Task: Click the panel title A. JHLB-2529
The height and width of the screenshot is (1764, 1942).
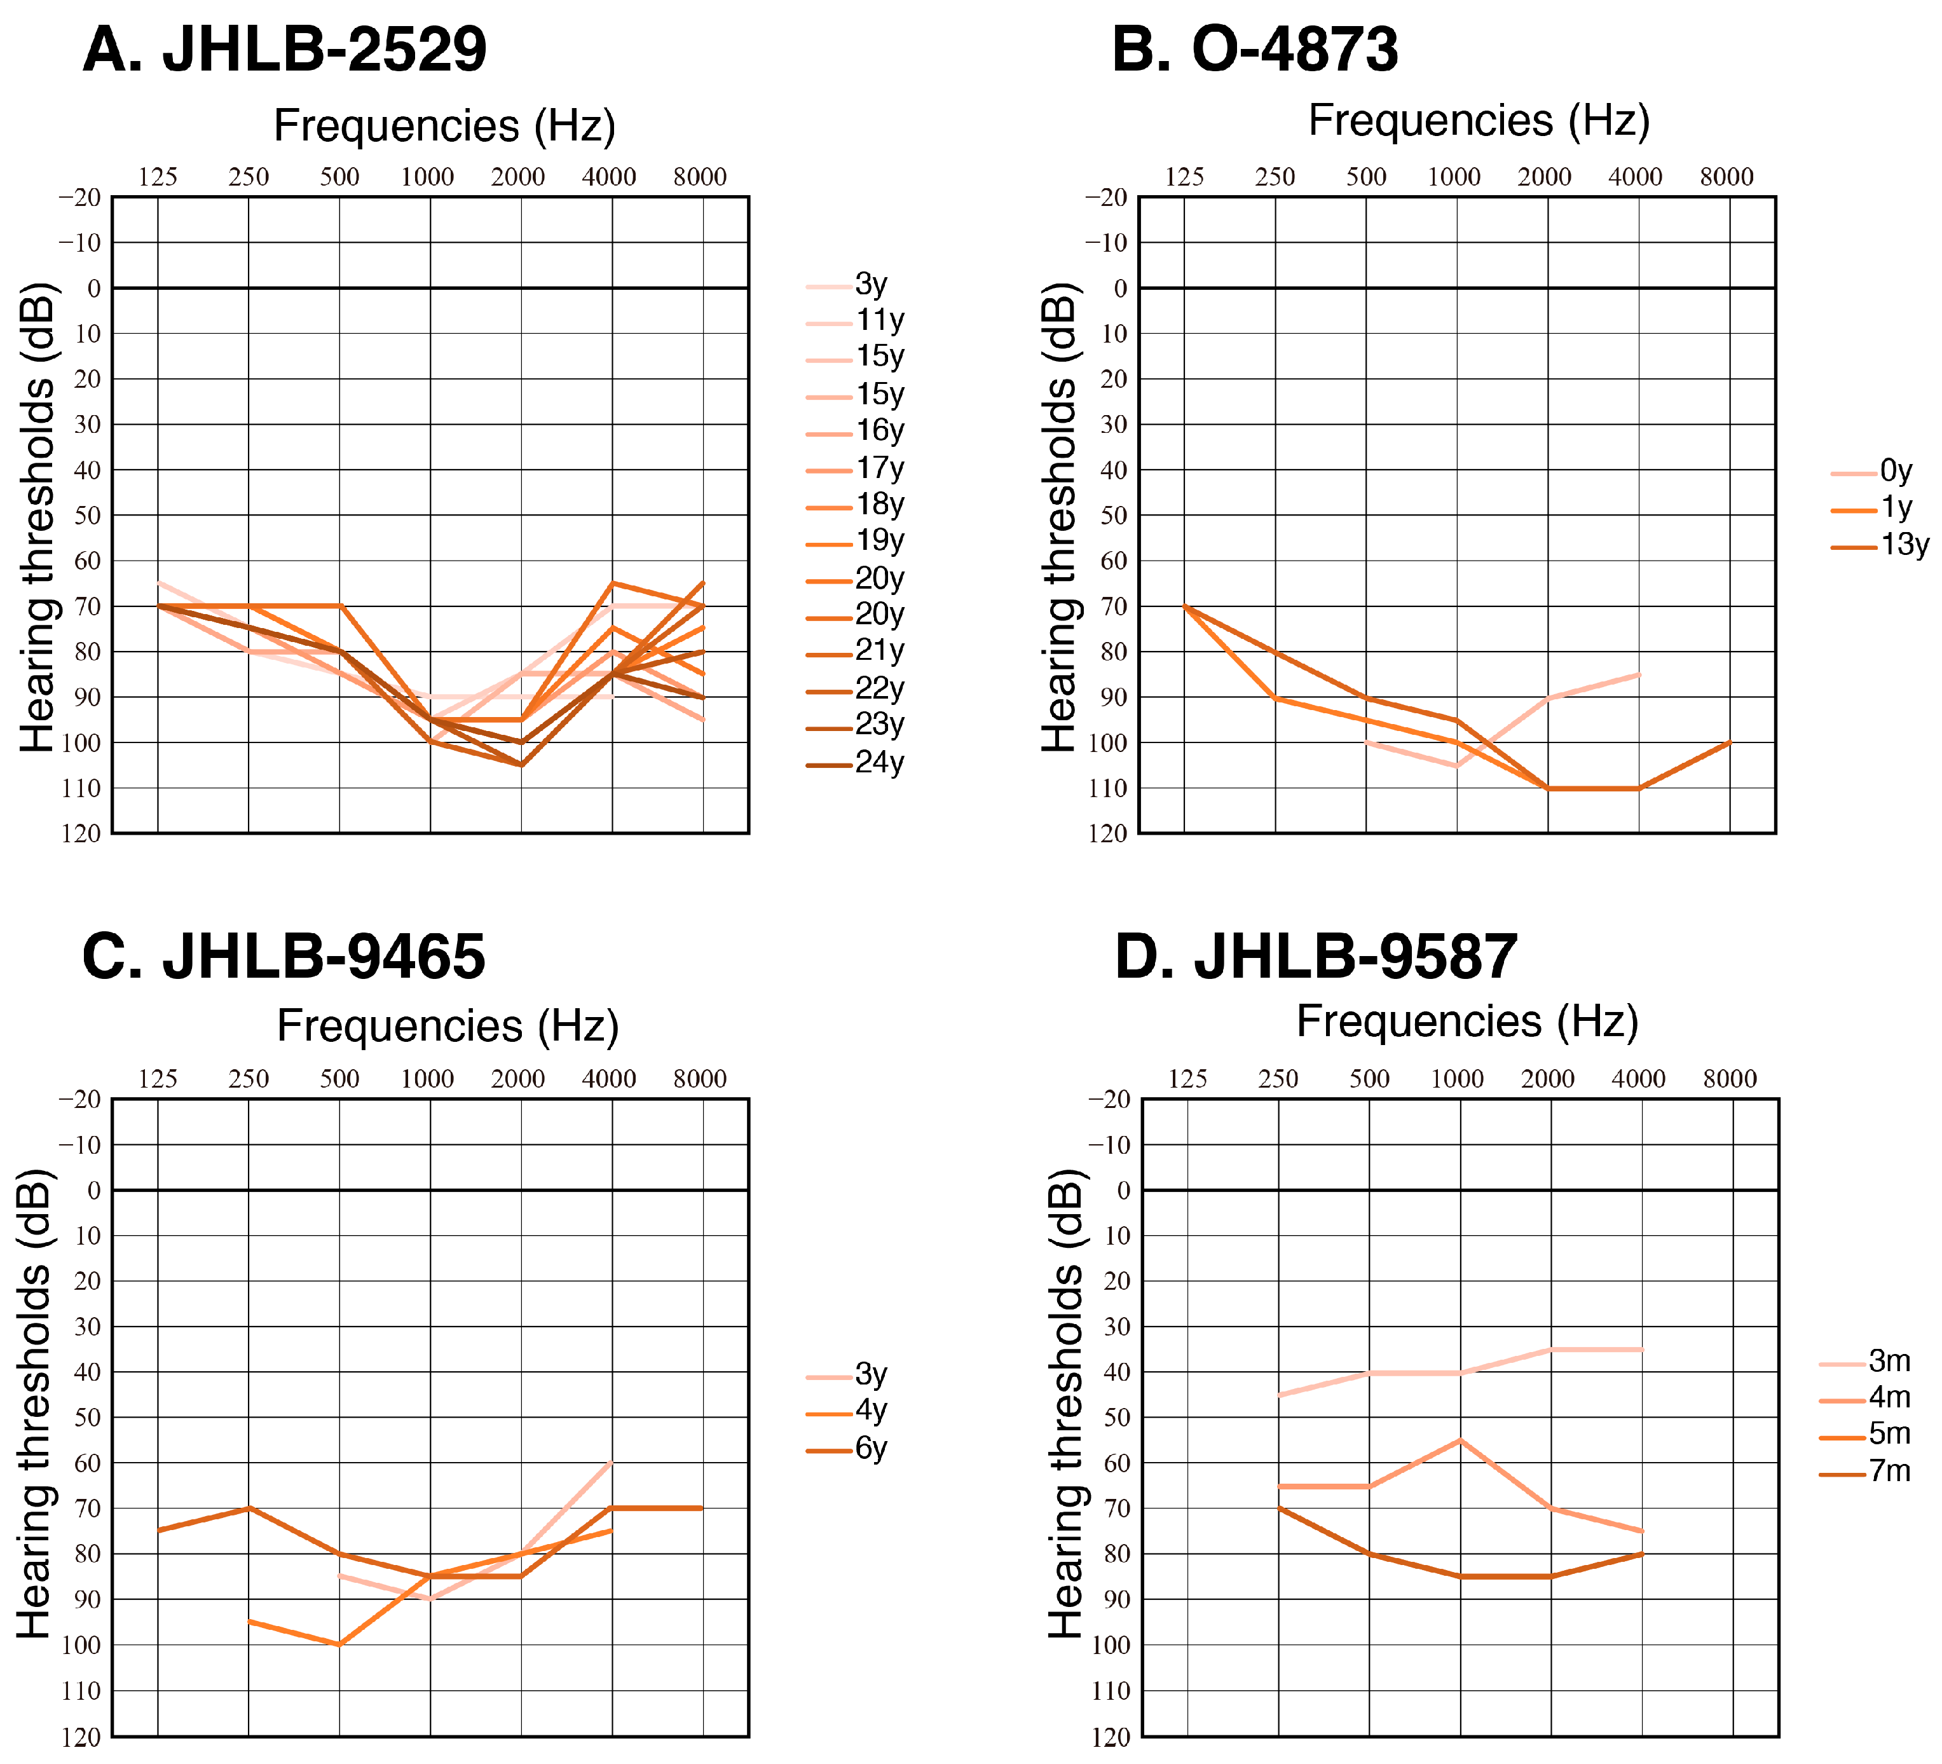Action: (284, 50)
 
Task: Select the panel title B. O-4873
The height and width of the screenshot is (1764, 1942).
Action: (1254, 50)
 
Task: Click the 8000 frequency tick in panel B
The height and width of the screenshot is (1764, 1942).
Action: (1727, 177)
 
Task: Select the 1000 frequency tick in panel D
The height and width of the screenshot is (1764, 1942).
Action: (1456, 1079)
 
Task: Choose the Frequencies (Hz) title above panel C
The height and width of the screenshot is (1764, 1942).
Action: (448, 1026)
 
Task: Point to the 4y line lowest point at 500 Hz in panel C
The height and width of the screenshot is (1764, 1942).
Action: (339, 1644)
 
